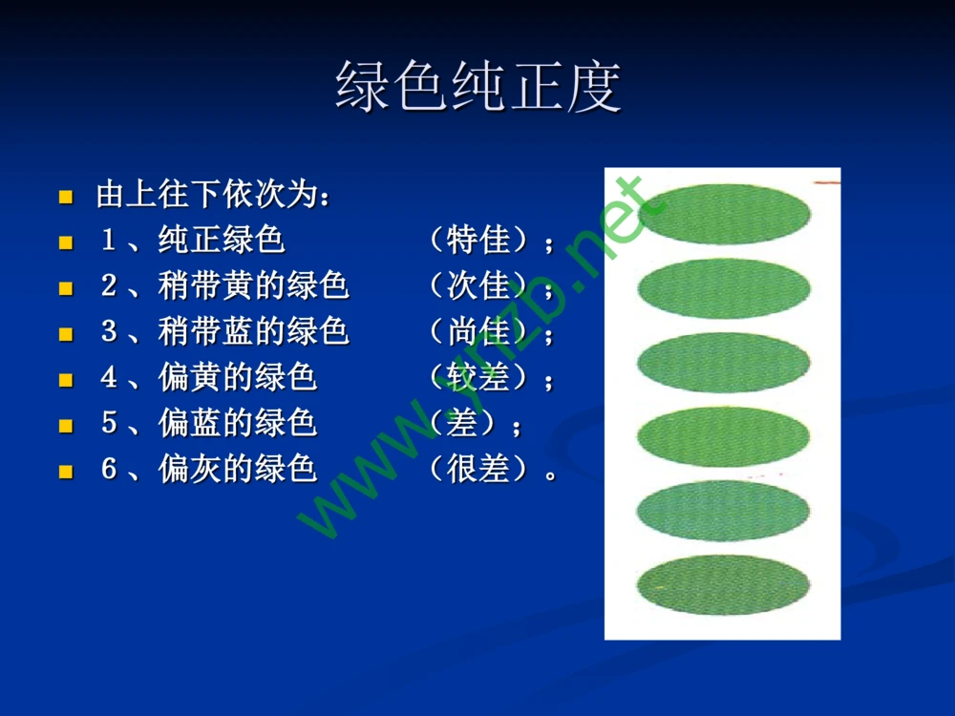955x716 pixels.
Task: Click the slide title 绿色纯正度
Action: click(x=477, y=87)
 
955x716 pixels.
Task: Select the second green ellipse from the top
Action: click(x=723, y=288)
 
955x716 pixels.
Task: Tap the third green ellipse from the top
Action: click(x=723, y=362)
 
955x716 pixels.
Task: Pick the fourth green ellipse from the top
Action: click(x=723, y=436)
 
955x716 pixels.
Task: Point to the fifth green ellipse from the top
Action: click(x=723, y=510)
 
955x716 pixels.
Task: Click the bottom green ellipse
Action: click(x=723, y=584)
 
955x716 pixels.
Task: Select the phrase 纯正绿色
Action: click(x=222, y=240)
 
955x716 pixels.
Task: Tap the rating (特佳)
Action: click(x=477, y=240)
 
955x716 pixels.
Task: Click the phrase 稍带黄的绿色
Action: click(x=253, y=285)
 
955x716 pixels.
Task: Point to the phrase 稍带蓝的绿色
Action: click(x=253, y=331)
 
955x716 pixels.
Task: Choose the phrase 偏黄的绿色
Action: click(x=237, y=377)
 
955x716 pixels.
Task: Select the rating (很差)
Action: click(x=477, y=469)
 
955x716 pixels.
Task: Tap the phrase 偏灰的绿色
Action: click(x=237, y=469)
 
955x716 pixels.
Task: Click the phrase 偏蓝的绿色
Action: click(x=237, y=423)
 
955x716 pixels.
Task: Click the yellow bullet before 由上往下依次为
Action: click(x=66, y=198)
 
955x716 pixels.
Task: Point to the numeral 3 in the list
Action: click(x=108, y=331)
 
